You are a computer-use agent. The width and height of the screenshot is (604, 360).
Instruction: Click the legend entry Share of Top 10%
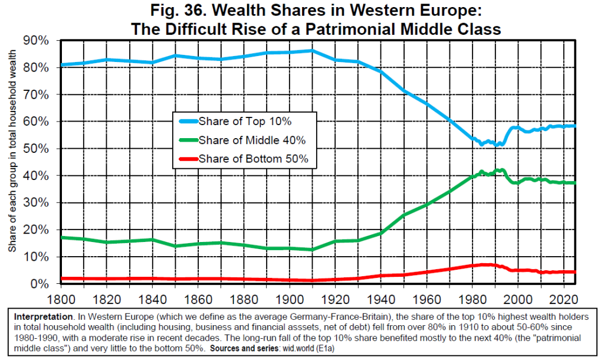[245, 122]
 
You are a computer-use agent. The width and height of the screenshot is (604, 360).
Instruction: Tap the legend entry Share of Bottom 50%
[254, 159]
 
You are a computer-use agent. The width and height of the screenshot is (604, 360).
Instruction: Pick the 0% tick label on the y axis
[45, 284]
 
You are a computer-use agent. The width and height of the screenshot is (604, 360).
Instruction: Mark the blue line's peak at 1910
[313, 51]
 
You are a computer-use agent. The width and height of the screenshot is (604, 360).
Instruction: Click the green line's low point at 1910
[313, 250]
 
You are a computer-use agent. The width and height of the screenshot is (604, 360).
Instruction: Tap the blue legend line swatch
[188, 122]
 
